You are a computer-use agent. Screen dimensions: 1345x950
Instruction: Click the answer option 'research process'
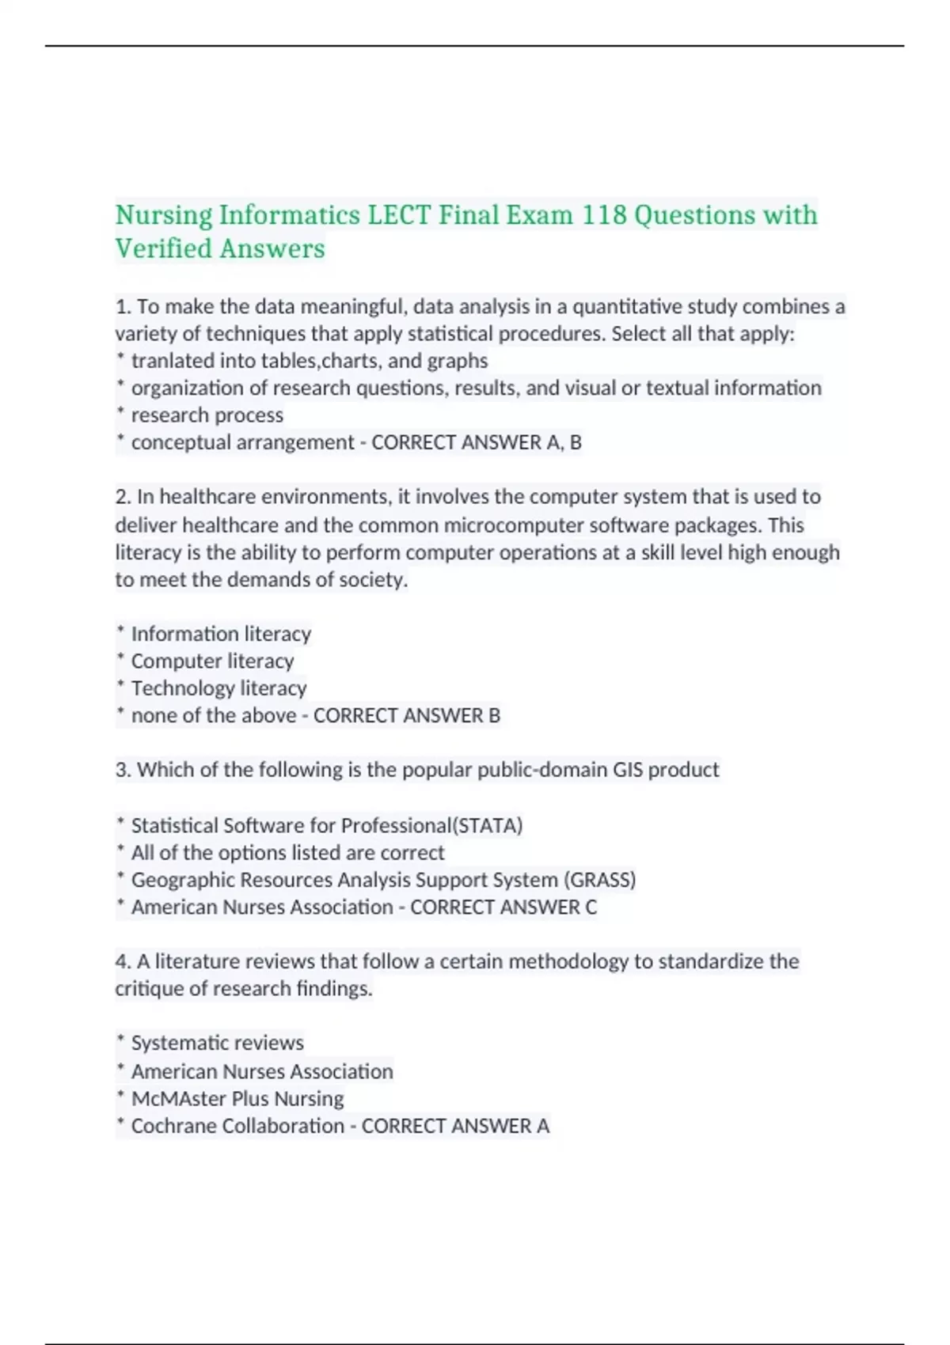click(x=207, y=415)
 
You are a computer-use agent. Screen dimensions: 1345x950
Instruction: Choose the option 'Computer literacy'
click(x=212, y=661)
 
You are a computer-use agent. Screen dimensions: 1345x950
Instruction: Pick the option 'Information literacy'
click(x=221, y=634)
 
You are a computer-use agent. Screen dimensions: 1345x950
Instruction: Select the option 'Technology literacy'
click(x=218, y=688)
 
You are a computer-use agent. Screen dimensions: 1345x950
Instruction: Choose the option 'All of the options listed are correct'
click(x=287, y=853)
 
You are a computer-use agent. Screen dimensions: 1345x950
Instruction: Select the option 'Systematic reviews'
click(x=217, y=1043)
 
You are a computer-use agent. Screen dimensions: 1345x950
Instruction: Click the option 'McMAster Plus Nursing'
click(x=237, y=1099)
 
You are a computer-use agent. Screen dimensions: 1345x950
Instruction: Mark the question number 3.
click(x=123, y=770)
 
